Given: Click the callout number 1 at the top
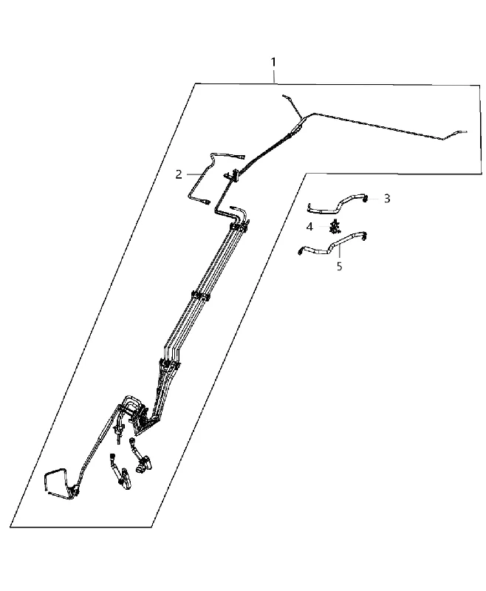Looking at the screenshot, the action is pyautogui.click(x=273, y=61).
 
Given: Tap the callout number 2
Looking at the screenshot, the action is pyautogui.click(x=179, y=174).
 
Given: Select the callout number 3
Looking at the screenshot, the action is pyautogui.click(x=387, y=199).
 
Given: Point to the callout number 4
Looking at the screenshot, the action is pyautogui.click(x=309, y=227).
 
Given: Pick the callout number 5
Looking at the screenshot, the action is pyautogui.click(x=340, y=267).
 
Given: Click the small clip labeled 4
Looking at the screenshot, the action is pyautogui.click(x=334, y=228).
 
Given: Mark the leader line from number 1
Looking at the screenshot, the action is pyautogui.click(x=274, y=76).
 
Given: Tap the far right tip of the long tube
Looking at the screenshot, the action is pyautogui.click(x=466, y=131).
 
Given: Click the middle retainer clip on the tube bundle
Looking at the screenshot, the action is pyautogui.click(x=201, y=296).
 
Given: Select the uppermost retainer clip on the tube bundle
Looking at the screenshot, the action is pyautogui.click(x=239, y=227).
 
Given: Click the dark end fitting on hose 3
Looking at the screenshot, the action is pyautogui.click(x=366, y=199).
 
